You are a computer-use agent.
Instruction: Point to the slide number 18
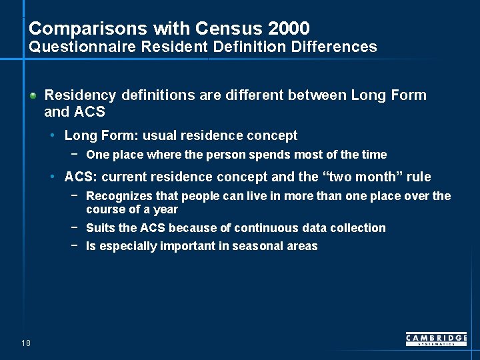coord(26,343)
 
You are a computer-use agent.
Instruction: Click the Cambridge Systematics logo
coord(436,339)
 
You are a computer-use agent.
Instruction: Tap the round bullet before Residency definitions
coord(33,95)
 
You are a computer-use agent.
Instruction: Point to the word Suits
coord(101,228)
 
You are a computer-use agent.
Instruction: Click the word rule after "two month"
coord(419,177)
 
